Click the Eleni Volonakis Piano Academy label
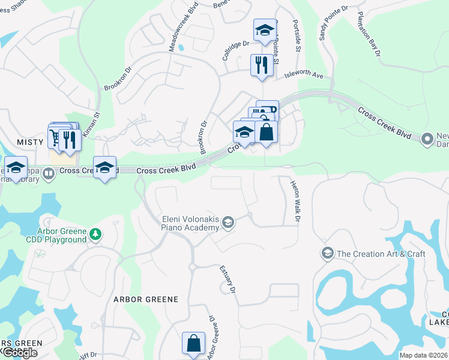click(x=189, y=223)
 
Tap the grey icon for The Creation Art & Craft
click(x=328, y=253)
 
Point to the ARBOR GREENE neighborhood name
click(x=146, y=299)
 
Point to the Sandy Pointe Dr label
click(x=333, y=22)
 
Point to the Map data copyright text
click(x=424, y=355)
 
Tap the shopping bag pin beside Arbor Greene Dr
click(x=194, y=344)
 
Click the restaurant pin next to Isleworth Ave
click(x=261, y=65)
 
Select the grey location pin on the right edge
click(x=427, y=139)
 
